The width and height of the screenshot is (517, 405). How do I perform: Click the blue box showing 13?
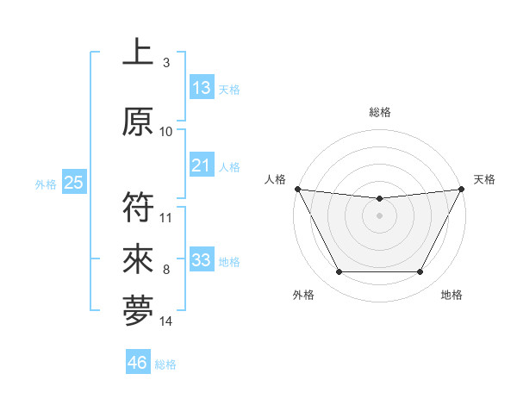202,88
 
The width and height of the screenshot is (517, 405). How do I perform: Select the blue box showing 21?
202,165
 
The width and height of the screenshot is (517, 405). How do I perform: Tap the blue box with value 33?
202,260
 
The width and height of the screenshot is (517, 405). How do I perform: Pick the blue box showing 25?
73,183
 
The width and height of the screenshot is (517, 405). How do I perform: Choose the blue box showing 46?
138,363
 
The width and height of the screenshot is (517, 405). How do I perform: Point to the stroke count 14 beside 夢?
166,321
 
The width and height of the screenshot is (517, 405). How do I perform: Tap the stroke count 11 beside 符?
166,218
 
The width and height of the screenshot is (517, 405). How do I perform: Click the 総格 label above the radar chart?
380,112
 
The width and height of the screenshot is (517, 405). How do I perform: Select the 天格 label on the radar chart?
485,179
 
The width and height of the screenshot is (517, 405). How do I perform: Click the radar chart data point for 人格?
297,189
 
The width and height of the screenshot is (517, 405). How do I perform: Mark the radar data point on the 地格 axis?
420,272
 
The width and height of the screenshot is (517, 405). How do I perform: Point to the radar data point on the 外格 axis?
339,272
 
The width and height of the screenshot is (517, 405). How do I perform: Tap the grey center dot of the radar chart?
379,215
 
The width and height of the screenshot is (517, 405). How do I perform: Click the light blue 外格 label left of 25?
46,184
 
